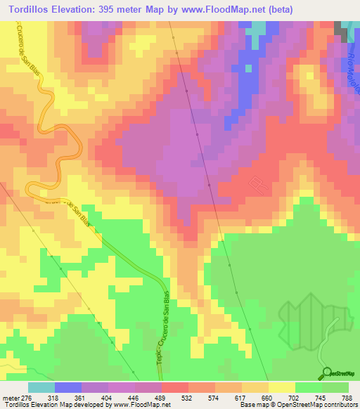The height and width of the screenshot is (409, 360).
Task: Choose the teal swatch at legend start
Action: [41, 387]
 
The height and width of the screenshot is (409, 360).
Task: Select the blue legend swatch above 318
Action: [68, 387]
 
